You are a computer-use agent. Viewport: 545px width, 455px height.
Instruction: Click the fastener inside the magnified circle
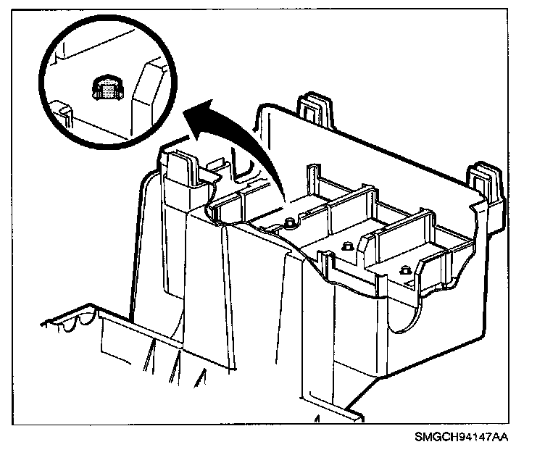click(107, 88)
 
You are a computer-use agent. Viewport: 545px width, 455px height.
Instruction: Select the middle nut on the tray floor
click(346, 246)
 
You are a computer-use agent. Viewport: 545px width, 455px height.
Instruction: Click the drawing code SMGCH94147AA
click(462, 438)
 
